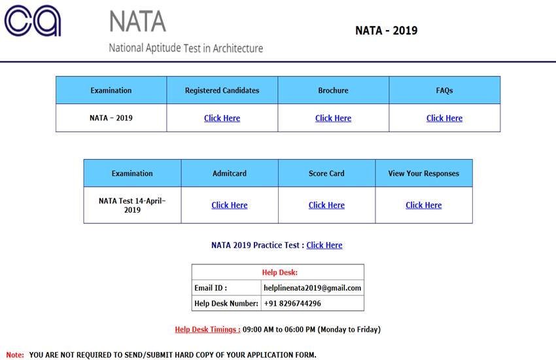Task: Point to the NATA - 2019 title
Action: (386, 31)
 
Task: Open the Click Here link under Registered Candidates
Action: (222, 118)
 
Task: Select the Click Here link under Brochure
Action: (333, 118)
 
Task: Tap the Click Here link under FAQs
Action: (444, 118)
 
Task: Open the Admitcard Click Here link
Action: (229, 206)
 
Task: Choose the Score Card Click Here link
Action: (326, 206)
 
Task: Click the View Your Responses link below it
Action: (423, 206)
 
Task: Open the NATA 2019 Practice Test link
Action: (324, 245)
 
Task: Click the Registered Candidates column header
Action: (222, 90)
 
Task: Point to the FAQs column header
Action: (444, 90)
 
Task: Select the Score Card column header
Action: (326, 173)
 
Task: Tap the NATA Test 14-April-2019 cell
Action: (132, 206)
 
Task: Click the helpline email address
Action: (312, 288)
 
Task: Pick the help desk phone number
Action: (292, 304)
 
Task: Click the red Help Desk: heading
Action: (279, 272)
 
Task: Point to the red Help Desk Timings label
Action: (207, 330)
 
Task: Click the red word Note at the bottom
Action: (15, 355)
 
